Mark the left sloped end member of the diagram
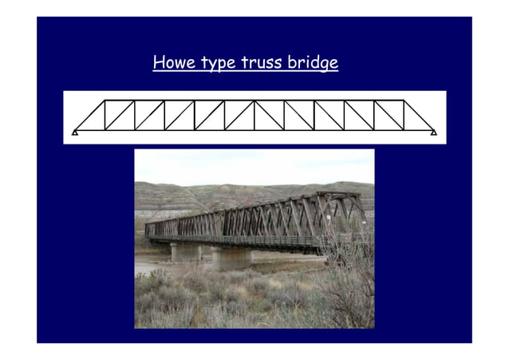point(89,115)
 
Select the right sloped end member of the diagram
point(418,115)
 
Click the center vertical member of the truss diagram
point(254,115)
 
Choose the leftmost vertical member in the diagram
point(105,115)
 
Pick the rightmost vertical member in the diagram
point(404,115)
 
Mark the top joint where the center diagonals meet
point(254,101)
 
